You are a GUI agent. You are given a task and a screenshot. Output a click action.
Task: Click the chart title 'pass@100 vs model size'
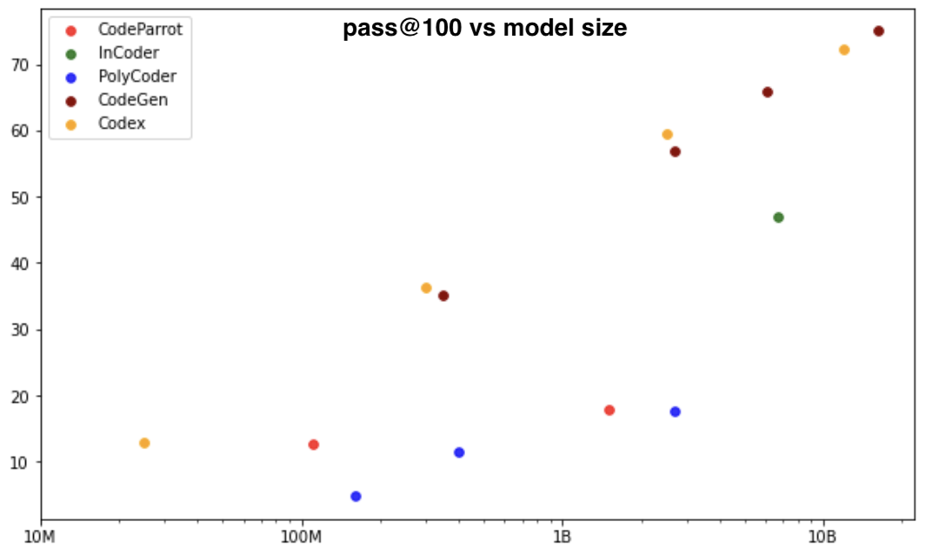[x=484, y=29]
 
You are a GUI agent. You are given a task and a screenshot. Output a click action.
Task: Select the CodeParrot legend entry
[x=139, y=30]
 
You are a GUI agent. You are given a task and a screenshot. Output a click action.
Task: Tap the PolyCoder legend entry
[x=136, y=77]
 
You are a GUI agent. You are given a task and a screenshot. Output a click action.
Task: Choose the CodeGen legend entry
[x=133, y=100]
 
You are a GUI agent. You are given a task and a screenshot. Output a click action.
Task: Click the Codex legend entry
[x=122, y=124]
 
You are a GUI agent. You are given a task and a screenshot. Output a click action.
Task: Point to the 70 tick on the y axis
[x=21, y=65]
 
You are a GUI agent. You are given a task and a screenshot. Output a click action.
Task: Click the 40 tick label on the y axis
[x=21, y=264]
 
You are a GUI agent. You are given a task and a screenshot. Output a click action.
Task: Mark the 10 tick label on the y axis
[x=21, y=462]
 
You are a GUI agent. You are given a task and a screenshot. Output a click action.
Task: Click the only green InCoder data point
[x=778, y=217]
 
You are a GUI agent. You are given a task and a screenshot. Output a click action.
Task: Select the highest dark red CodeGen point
[x=878, y=31]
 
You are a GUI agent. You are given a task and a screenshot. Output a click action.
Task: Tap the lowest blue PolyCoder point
[x=356, y=497]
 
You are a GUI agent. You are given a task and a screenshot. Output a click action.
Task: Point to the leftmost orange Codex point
[x=144, y=444]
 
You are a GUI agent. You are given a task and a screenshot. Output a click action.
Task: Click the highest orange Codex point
[x=843, y=50]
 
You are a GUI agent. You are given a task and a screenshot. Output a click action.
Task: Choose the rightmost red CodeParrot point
[x=609, y=411]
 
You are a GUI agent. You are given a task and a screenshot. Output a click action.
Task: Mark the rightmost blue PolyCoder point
[x=675, y=412]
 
